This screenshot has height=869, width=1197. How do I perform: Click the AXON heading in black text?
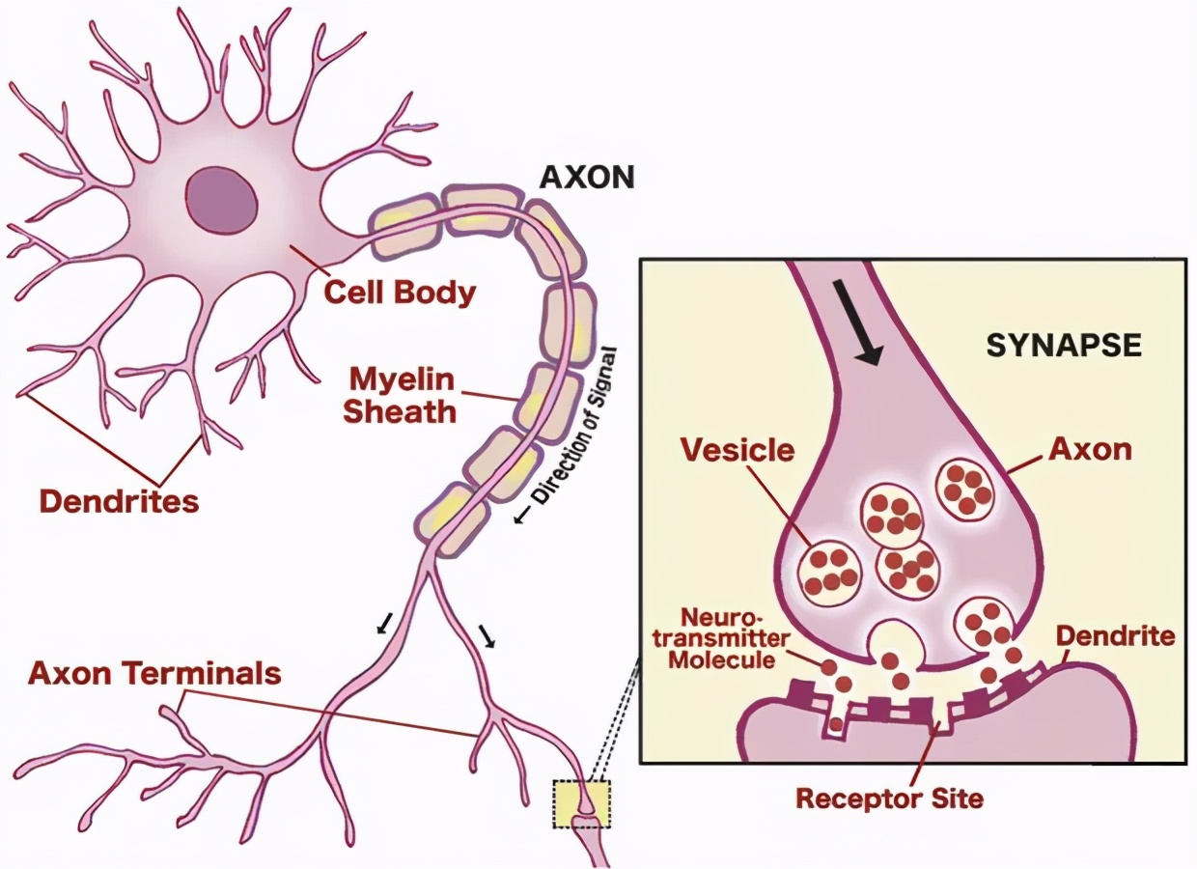pyautogui.click(x=587, y=178)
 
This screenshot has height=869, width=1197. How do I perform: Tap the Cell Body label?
pyautogui.click(x=400, y=292)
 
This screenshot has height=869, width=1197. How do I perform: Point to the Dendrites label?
pyautogui.click(x=119, y=501)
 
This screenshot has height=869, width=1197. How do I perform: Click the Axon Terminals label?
pyautogui.click(x=154, y=672)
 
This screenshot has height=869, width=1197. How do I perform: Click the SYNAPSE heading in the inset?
pyautogui.click(x=1064, y=346)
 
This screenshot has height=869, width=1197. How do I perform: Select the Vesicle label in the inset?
pyautogui.click(x=738, y=449)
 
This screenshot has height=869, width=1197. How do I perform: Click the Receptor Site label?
pyautogui.click(x=889, y=798)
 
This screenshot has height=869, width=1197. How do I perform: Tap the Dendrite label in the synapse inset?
pyautogui.click(x=1116, y=636)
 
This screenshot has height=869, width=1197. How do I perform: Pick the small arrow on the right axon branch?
pyautogui.click(x=487, y=634)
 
